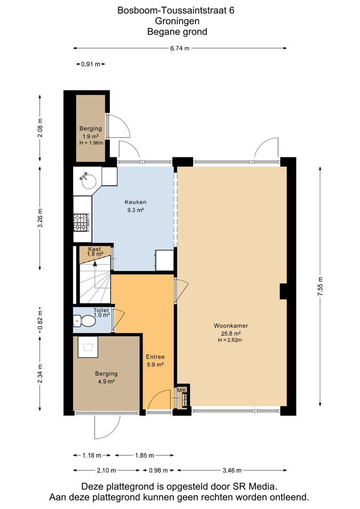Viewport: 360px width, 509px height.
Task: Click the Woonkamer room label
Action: pyautogui.click(x=231, y=326)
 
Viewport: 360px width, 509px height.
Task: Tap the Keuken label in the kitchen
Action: pyautogui.click(x=135, y=202)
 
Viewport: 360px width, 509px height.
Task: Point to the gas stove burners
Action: pyautogui.click(x=81, y=222)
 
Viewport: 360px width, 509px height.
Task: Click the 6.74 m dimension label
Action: pyautogui.click(x=180, y=49)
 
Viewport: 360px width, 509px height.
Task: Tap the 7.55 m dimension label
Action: pyautogui.click(x=321, y=287)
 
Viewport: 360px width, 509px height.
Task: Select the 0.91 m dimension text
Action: pyautogui.click(x=90, y=64)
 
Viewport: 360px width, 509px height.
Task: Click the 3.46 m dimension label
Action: pyautogui.click(x=232, y=470)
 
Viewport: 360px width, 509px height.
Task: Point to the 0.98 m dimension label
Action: pyautogui.click(x=158, y=470)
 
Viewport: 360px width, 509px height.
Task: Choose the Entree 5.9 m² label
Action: pyautogui.click(x=155, y=361)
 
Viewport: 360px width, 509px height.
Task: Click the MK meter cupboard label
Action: pyautogui.click(x=181, y=390)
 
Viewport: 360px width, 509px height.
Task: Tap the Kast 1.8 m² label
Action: pyautogui.click(x=95, y=252)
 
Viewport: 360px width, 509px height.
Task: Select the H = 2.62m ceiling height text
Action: pyautogui.click(x=230, y=340)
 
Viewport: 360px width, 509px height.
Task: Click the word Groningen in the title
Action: pyautogui.click(x=177, y=21)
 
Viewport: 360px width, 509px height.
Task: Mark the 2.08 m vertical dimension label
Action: pyautogui.click(x=40, y=127)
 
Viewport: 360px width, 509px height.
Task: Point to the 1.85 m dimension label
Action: pyautogui.click(x=145, y=455)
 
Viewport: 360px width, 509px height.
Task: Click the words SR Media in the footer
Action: pyautogui.click(x=255, y=486)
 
